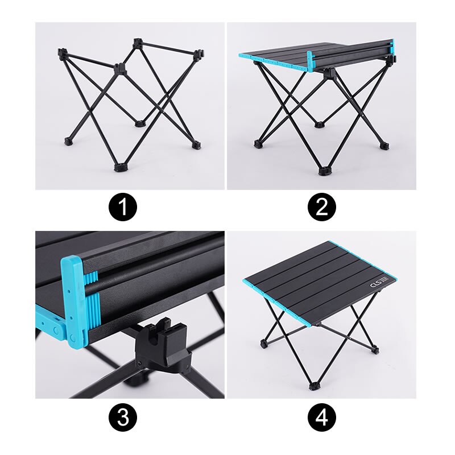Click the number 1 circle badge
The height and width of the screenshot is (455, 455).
click(123, 208)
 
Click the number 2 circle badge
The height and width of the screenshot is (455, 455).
click(322, 208)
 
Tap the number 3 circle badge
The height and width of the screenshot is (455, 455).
click(123, 419)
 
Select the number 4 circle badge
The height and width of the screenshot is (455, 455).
click(322, 419)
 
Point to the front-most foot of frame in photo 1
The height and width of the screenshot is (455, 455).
click(121, 167)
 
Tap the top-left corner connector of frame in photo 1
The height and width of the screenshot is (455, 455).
click(61, 53)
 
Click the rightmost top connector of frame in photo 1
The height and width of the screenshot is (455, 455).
click(197, 55)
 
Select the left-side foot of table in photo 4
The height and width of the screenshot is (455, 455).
click(263, 344)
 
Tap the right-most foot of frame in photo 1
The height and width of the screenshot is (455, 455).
click(196, 144)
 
